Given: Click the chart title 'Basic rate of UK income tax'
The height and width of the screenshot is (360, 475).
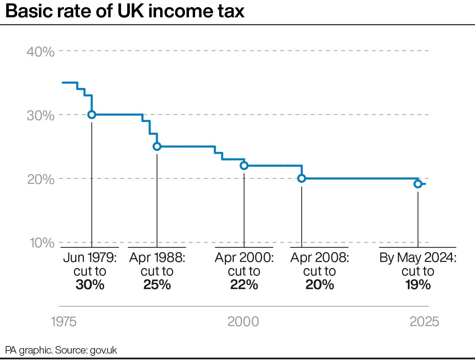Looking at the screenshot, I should click(125, 12).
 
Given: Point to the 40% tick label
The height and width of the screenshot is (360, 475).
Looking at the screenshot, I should click(40, 52).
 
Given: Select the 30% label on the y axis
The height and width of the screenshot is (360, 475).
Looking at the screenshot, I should click(40, 116).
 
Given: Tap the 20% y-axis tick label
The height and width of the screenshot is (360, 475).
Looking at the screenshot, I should click(40, 179).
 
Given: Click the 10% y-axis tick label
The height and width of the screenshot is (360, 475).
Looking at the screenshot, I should click(41, 243).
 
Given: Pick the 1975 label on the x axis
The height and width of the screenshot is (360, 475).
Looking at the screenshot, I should click(63, 322).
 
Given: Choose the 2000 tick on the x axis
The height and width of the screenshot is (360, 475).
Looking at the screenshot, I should click(243, 322).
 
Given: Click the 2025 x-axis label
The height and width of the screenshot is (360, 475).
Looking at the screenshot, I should click(424, 322).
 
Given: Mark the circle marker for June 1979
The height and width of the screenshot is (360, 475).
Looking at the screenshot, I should click(92, 115).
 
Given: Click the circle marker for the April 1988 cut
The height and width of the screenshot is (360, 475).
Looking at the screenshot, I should click(157, 147).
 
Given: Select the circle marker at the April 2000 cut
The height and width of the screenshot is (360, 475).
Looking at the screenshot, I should click(244, 166).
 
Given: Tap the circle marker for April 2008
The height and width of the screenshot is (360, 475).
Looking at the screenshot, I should click(302, 178).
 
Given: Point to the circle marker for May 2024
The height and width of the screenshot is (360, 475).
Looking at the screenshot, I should click(418, 184).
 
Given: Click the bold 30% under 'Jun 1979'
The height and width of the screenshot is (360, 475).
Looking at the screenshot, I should click(90, 285).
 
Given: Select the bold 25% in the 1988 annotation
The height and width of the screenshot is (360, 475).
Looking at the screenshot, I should click(157, 285).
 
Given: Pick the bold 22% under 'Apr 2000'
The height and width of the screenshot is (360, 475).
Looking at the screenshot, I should click(244, 285).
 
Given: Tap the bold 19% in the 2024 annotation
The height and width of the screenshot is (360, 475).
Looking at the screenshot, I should click(418, 285).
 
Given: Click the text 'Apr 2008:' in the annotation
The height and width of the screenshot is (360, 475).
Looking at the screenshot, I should click(320, 258).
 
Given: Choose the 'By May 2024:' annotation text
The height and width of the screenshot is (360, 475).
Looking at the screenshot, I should click(418, 258).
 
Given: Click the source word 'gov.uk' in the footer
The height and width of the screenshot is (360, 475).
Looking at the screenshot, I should click(103, 350).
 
